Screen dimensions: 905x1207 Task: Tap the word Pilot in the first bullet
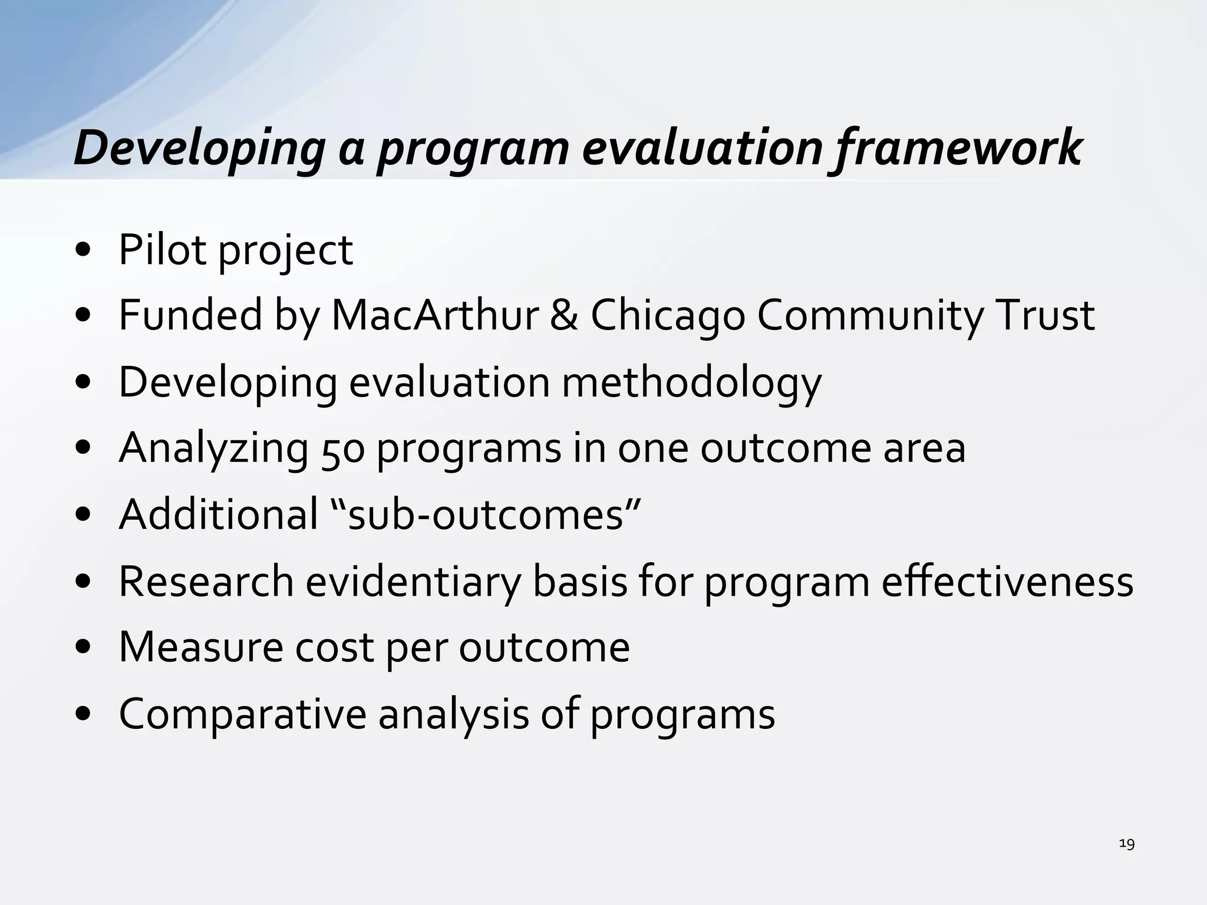(162, 250)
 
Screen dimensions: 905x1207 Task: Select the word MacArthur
(435, 315)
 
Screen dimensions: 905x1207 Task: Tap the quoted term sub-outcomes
(486, 514)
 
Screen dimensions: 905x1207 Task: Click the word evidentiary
(413, 582)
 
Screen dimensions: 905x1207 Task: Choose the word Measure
(200, 648)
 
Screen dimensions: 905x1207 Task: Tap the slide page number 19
(1126, 844)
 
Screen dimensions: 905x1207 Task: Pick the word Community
(870, 315)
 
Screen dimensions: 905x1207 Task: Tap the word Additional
(219, 514)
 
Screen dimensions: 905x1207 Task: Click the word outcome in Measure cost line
(544, 648)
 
